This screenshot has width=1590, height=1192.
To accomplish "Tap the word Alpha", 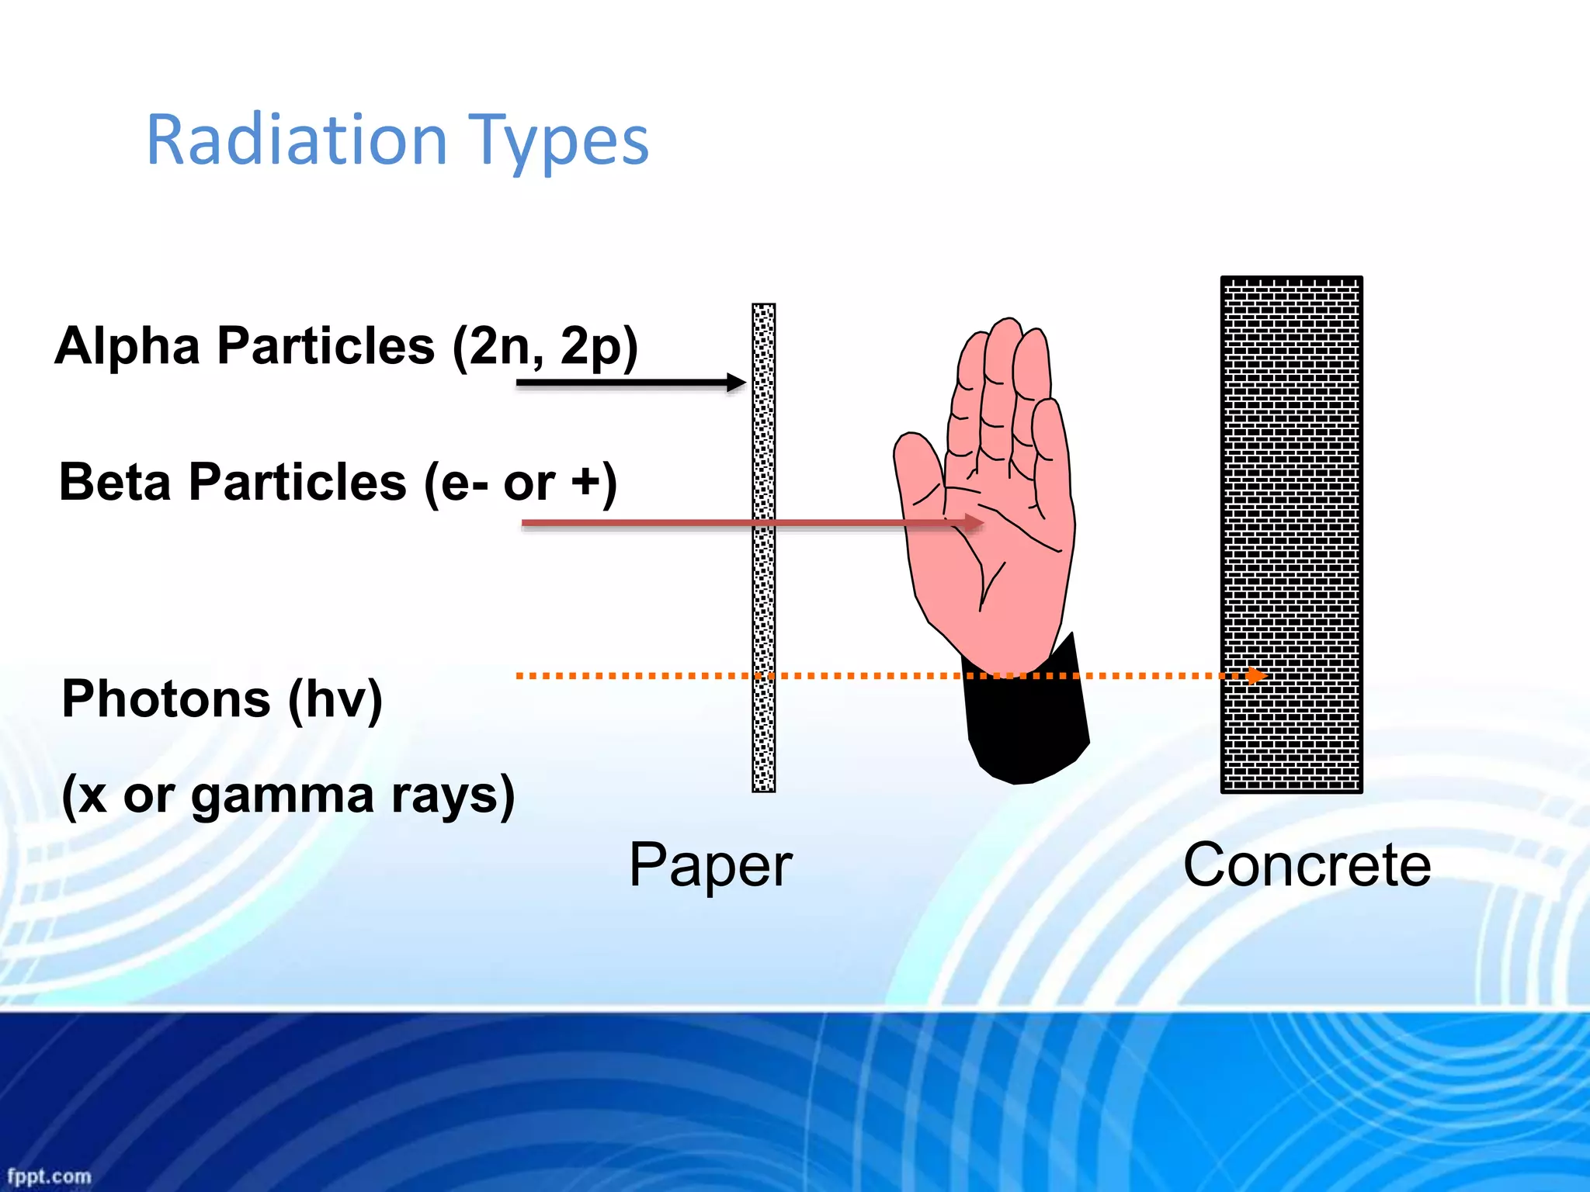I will tap(128, 345).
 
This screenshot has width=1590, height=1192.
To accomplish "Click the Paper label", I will tap(710, 865).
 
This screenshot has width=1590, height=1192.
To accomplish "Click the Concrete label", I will tap(1307, 865).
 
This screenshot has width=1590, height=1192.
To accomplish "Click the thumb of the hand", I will tap(918, 466).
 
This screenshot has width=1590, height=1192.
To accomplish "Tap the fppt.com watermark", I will tap(49, 1176).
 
